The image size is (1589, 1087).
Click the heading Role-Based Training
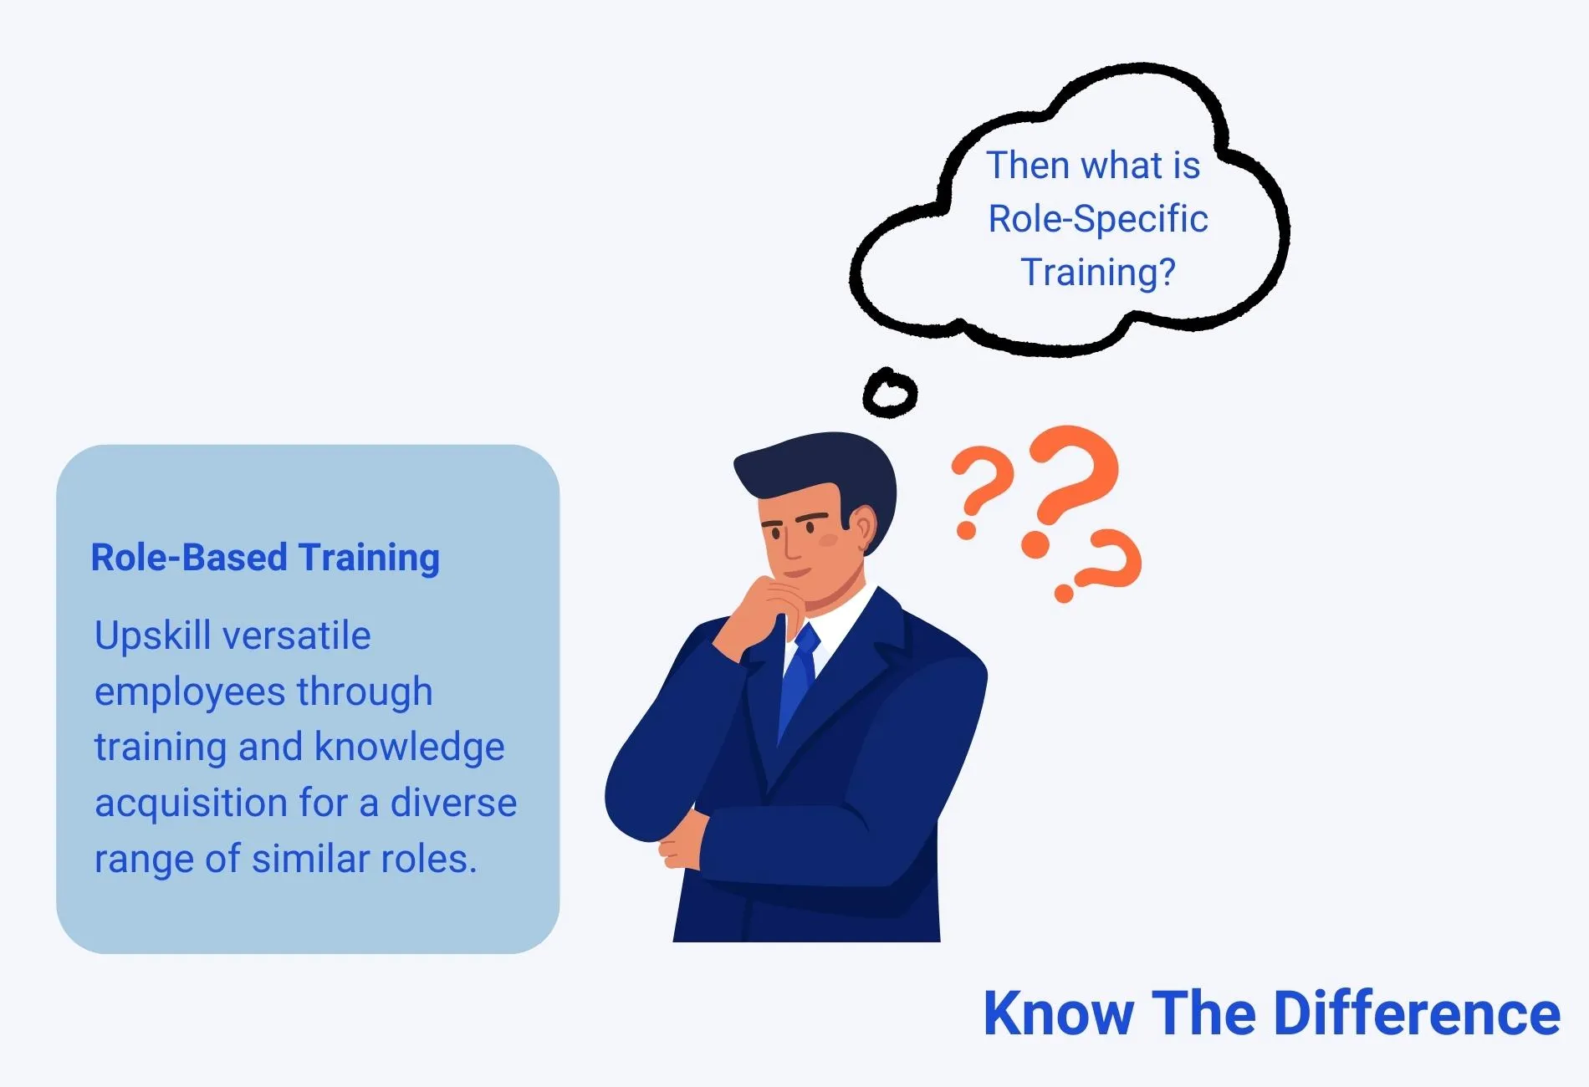tap(265, 558)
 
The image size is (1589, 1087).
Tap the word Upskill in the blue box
tap(152, 636)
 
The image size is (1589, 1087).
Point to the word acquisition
tap(192, 804)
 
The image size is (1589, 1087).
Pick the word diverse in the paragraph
tap(454, 803)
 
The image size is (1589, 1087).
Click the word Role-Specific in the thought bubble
tap(1098, 220)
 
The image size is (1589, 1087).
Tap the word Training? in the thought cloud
tap(1098, 273)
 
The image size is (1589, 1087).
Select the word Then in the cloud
tap(1029, 166)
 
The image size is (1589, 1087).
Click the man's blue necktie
tap(800, 681)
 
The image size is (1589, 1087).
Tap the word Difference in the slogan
tap(1417, 1014)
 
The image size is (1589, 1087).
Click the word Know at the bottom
tap(1059, 1014)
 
